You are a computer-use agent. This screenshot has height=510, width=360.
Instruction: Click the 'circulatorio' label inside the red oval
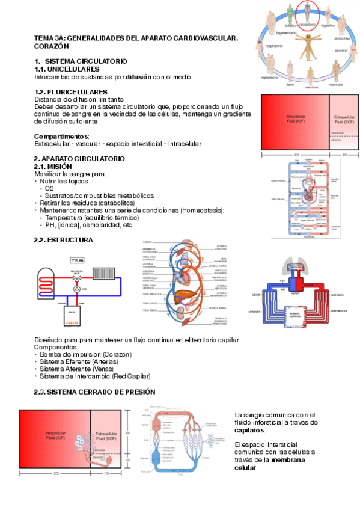coord(307,25)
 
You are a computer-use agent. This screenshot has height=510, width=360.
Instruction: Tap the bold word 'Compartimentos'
coord(61,137)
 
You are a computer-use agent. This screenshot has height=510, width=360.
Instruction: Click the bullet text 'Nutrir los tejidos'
coord(64,181)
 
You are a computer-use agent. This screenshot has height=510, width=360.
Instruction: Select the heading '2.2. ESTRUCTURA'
coord(64,239)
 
